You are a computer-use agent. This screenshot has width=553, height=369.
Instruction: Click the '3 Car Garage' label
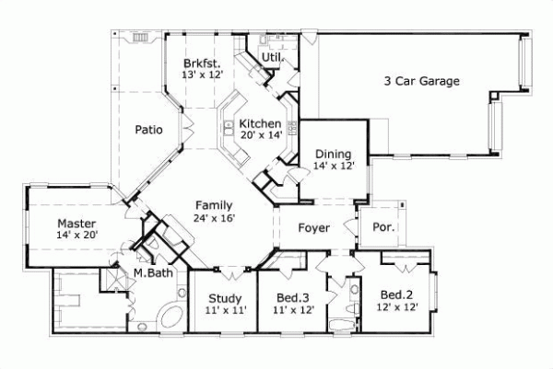pos(421,80)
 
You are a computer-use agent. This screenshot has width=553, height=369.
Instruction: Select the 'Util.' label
pos(273,58)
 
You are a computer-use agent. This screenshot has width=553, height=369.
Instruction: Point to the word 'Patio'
pos(148,130)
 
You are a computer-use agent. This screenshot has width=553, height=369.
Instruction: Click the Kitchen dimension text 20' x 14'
pos(260,136)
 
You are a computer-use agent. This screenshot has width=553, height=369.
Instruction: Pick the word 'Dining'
pos(333,154)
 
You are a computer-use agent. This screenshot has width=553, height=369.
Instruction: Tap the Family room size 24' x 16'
pos(214,218)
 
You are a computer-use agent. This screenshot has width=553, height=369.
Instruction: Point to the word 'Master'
pos(76,223)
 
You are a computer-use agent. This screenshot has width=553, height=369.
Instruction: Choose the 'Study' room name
pos(224,298)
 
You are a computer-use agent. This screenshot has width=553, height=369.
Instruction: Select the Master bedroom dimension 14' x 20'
pos(76,236)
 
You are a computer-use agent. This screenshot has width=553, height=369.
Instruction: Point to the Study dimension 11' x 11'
pos(224,311)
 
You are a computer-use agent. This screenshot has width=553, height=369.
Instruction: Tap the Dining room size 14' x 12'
pos(333,167)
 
